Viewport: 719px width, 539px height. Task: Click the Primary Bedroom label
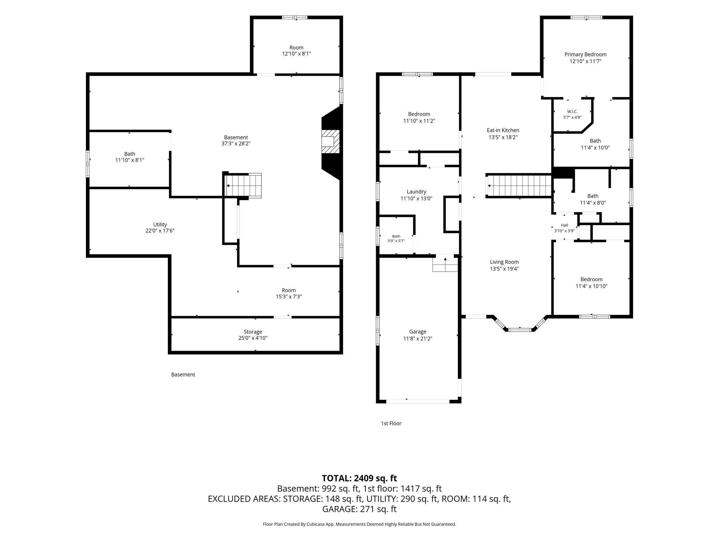tap(585, 55)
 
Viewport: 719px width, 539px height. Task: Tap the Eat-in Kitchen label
tap(503, 130)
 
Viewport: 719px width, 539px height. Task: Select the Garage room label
tap(418, 332)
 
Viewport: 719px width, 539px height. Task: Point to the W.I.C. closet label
tap(572, 112)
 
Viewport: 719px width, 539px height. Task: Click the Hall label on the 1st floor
tap(564, 225)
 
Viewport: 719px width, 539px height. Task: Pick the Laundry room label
tap(416, 192)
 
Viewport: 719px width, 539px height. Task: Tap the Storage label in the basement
tap(253, 332)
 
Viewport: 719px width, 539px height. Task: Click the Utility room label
tap(160, 225)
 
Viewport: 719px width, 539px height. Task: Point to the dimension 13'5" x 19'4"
tap(504, 269)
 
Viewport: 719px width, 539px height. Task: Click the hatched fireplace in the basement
tap(330, 142)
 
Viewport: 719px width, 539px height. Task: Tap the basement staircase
tap(244, 185)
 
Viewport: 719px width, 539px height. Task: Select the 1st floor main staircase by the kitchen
tap(519, 186)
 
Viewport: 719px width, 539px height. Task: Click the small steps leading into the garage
tap(445, 263)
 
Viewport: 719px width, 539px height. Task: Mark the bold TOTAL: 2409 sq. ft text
tap(359, 478)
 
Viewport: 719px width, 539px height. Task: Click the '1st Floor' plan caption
tap(391, 423)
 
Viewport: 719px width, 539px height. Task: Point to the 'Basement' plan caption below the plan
tap(183, 375)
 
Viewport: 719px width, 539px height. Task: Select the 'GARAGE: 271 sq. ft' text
tap(359, 509)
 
